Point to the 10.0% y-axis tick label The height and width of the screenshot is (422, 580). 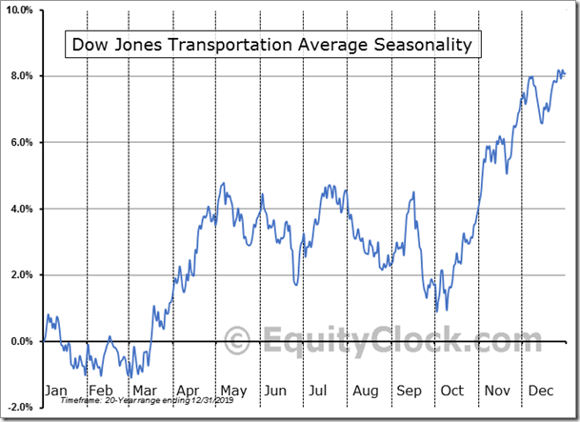(x=20, y=10)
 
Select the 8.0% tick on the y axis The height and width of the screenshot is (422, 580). (x=22, y=76)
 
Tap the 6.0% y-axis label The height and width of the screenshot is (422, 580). (x=22, y=143)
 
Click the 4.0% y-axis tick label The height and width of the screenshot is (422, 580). (x=22, y=209)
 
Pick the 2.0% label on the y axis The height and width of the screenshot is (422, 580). (x=22, y=275)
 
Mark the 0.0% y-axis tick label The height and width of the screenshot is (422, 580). (x=22, y=341)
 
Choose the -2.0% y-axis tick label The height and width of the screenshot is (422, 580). (x=20, y=407)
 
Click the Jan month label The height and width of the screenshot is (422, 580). (x=57, y=391)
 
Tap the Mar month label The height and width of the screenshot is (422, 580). (x=145, y=391)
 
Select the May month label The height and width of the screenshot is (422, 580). (x=232, y=391)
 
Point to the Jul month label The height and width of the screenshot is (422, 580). (x=320, y=391)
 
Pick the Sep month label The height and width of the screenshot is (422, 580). (x=409, y=391)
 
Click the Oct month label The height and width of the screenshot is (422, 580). (x=451, y=391)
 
